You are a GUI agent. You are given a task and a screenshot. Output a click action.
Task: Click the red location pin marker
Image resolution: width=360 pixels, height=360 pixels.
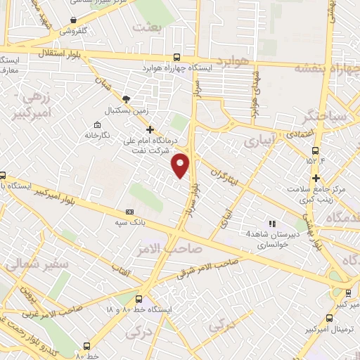[x=181, y=165]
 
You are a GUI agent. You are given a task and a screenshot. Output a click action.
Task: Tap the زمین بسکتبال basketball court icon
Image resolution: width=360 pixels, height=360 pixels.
[x=126, y=100]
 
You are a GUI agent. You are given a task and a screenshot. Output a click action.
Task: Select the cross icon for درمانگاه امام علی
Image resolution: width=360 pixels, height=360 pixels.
[x=149, y=129]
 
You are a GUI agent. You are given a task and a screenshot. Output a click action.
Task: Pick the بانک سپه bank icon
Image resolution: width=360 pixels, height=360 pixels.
[x=129, y=212]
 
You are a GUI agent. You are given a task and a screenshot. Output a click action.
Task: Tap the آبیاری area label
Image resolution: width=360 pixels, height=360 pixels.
[x=261, y=141]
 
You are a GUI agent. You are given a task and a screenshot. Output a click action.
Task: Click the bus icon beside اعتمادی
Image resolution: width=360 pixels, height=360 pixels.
[x=316, y=150]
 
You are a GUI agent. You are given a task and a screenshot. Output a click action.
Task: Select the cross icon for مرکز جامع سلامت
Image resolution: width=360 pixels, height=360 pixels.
[x=316, y=178]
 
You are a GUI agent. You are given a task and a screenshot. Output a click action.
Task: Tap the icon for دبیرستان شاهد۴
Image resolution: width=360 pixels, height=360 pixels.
[x=272, y=224]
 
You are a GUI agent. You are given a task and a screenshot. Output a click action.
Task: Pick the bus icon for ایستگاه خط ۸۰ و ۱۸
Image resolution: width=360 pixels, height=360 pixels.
[x=139, y=299]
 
